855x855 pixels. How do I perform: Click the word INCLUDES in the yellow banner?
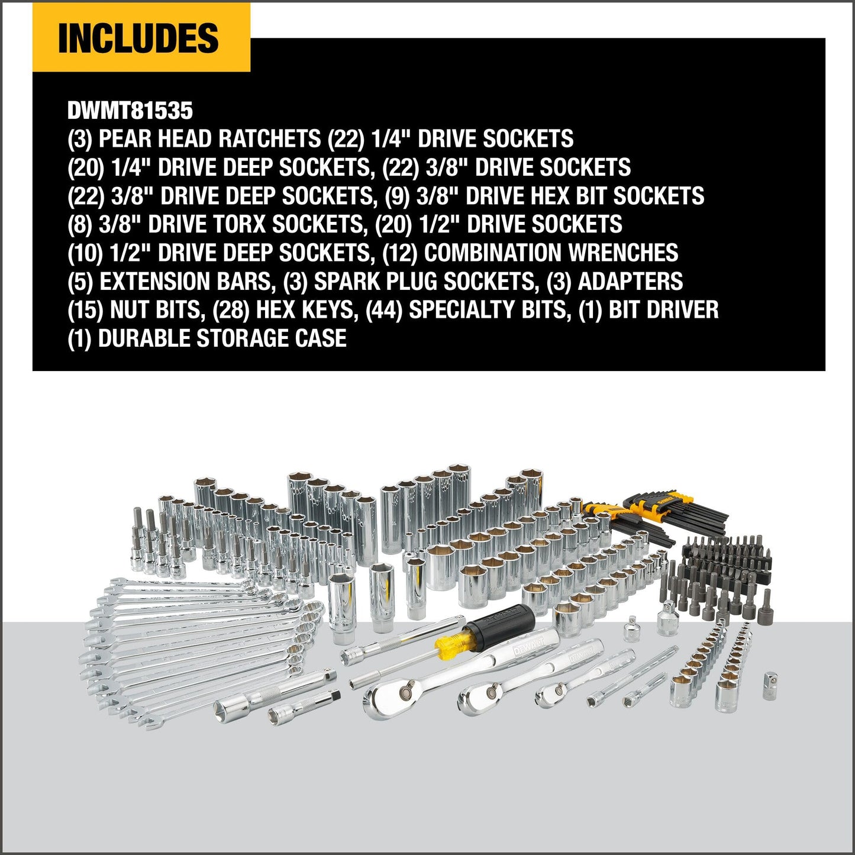138,38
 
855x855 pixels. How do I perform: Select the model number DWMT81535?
130,111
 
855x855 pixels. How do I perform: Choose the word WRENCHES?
623,253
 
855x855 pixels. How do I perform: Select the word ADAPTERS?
630,282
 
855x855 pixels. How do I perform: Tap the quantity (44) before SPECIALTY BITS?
384,310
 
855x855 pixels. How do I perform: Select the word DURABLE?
144,338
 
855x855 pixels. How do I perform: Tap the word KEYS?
331,310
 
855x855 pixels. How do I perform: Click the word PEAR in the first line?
124,139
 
